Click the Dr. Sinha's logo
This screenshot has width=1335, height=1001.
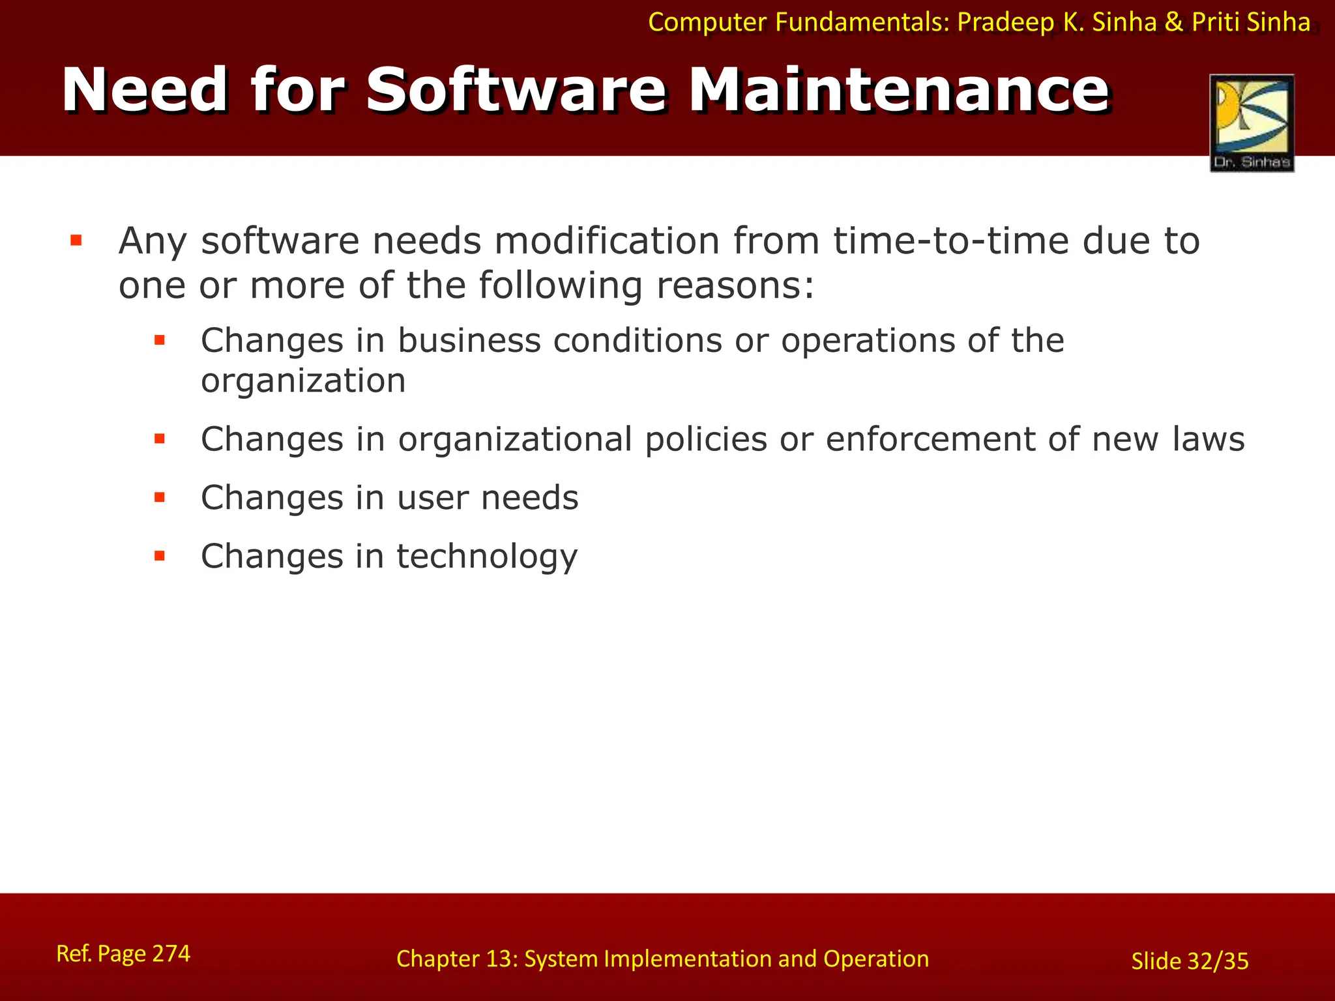coord(1252,123)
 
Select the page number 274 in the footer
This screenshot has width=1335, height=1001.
coord(171,953)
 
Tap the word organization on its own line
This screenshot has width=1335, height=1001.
coord(303,381)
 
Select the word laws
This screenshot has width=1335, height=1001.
coord(1209,439)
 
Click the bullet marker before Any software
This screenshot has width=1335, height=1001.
coord(76,241)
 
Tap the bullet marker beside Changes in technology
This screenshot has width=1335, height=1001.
coord(160,556)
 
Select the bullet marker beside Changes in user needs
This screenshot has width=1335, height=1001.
coord(160,498)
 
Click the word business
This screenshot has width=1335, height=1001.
coord(469,341)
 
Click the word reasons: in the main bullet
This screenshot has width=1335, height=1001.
coord(735,285)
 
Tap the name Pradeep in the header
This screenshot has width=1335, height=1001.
coord(1005,22)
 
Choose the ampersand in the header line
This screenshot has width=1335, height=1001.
coord(1173,22)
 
